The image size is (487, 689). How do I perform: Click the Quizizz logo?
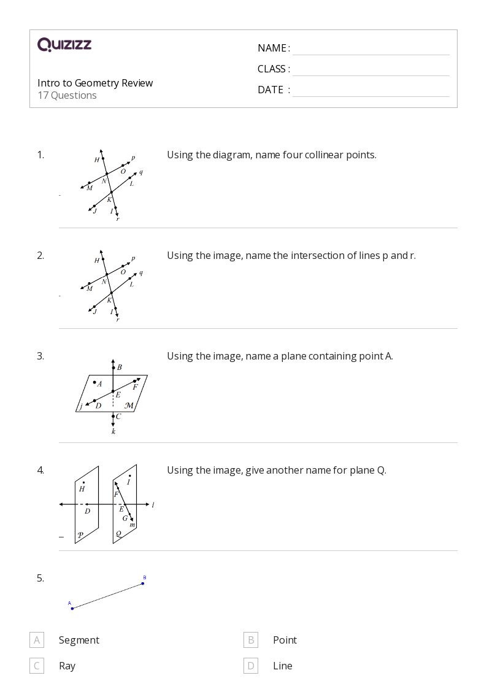pos(64,45)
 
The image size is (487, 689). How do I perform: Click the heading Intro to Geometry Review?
pos(95,83)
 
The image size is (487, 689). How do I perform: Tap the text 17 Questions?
pos(67,95)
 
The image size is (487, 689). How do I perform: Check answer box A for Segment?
pos(37,640)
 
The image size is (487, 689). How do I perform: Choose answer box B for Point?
pos(250,640)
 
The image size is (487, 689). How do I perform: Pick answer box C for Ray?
pos(37,666)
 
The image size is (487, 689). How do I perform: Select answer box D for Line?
pos(250,666)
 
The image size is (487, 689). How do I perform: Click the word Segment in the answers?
pos(79,640)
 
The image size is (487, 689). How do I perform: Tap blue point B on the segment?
pos(143,583)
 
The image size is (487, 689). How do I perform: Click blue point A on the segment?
pos(72,608)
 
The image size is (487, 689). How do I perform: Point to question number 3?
pos(40,356)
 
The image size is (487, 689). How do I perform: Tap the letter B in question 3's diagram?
pos(119,368)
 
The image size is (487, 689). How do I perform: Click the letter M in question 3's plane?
pos(129,406)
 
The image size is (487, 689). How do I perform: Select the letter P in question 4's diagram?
pos(80,535)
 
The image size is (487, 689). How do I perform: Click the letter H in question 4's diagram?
pos(82,489)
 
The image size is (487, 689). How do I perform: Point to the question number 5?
pos(40,578)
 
